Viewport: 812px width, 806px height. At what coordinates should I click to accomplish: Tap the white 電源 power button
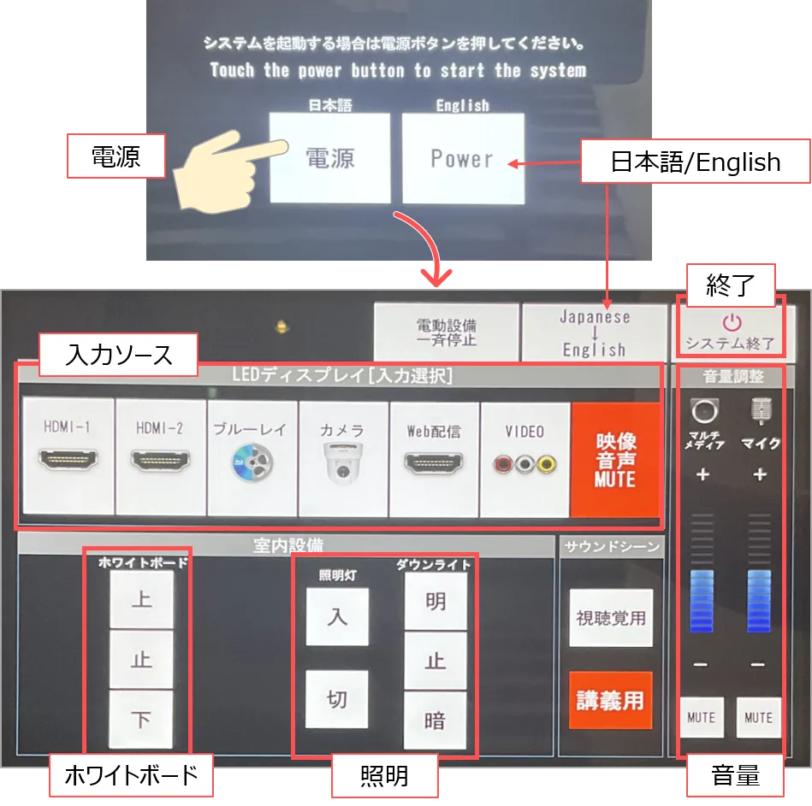(330, 158)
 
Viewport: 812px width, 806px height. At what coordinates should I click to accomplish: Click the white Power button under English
(463, 158)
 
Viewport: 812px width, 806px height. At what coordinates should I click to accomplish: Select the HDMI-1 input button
(68, 456)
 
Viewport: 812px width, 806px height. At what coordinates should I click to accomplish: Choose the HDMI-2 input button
(161, 456)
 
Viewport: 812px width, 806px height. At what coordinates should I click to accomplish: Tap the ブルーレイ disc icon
(252, 462)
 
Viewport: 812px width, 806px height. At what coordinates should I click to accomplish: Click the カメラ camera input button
(343, 459)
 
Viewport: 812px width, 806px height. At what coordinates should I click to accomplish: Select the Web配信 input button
(434, 459)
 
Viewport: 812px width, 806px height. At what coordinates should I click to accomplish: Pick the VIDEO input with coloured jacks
(525, 460)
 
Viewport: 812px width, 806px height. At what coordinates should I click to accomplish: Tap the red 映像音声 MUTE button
(615, 460)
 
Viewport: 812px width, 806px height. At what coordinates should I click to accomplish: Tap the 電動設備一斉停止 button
(447, 332)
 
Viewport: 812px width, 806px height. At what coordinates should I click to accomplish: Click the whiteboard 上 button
(141, 600)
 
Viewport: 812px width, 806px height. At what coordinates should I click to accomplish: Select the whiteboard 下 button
(141, 720)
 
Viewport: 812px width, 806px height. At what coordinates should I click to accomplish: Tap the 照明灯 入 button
(337, 616)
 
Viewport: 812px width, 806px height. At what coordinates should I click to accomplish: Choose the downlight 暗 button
(435, 721)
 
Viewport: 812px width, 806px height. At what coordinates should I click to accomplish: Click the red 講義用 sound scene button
(611, 701)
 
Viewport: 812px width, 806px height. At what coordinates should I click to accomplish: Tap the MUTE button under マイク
(759, 718)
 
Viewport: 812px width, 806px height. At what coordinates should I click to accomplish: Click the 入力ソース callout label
(119, 355)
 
